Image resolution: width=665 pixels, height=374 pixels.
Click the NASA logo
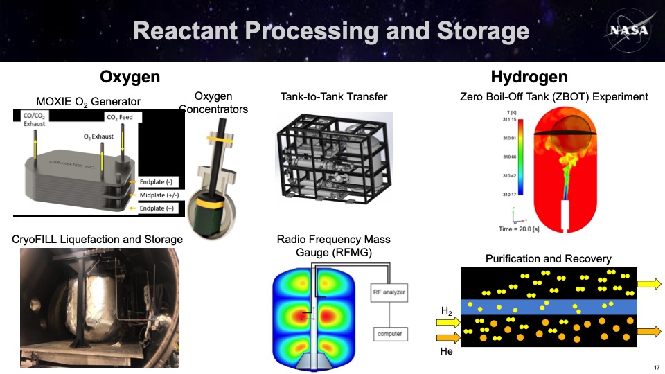627,30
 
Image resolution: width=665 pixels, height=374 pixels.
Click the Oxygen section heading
130,76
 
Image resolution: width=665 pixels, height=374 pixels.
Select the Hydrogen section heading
529,76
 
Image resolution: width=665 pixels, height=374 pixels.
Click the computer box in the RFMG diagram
389,335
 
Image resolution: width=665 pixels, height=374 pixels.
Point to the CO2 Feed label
118,117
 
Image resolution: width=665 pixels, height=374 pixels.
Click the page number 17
655,366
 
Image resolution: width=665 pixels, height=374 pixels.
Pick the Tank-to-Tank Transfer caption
333,96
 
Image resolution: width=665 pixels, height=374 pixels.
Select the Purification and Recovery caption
549,258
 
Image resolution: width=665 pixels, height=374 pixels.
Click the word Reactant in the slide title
181,31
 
